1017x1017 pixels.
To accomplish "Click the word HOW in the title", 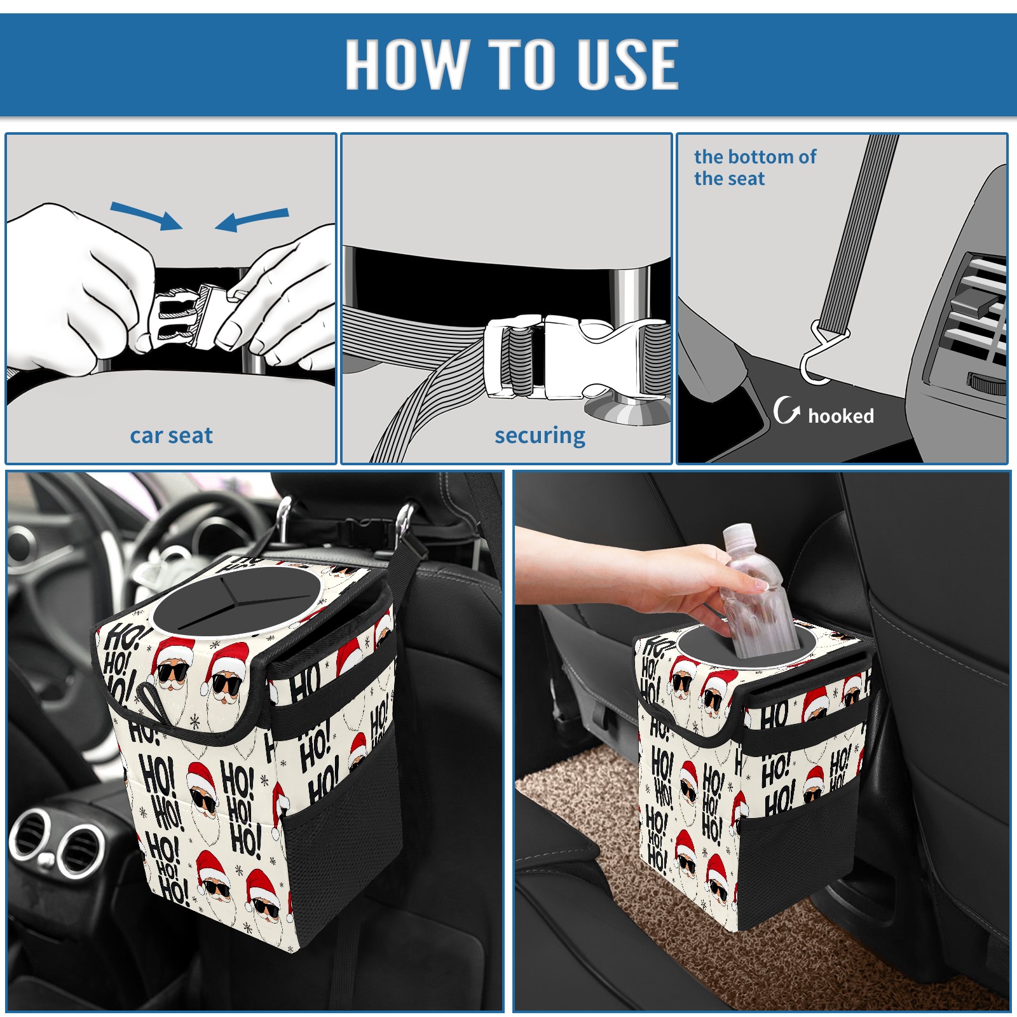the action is coord(407,64).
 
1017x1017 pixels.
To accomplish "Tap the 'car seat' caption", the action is coord(171,435).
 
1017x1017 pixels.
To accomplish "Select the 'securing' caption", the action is coord(540,436).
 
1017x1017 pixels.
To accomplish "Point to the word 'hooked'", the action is coord(841,416).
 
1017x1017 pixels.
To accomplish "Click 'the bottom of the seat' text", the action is coord(754,167).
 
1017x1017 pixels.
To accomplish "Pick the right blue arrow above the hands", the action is coord(252,220).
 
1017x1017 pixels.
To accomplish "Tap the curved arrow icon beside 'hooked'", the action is coord(786,410).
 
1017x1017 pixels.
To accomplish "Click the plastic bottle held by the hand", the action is coord(754,590).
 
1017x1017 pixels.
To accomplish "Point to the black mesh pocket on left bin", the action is coord(340,845).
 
